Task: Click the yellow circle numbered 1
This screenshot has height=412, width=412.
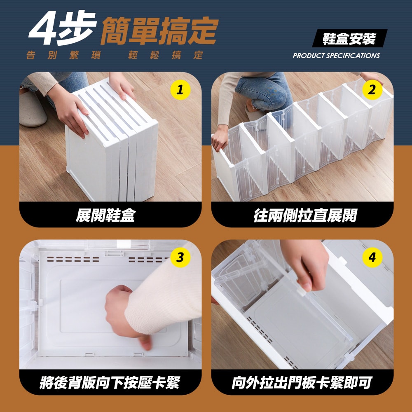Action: [179, 90]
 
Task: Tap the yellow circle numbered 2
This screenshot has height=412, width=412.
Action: [372, 90]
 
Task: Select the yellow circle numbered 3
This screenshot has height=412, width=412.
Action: [179, 258]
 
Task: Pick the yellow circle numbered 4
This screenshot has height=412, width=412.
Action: [372, 258]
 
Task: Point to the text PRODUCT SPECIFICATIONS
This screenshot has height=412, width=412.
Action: [336, 56]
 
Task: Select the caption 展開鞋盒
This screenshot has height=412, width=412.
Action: [105, 215]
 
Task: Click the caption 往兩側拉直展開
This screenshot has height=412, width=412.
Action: [305, 215]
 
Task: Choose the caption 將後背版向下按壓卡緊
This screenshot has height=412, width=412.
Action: [110, 383]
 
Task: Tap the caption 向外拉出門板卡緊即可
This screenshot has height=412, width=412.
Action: [302, 383]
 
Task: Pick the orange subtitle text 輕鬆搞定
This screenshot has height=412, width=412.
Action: [165, 56]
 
